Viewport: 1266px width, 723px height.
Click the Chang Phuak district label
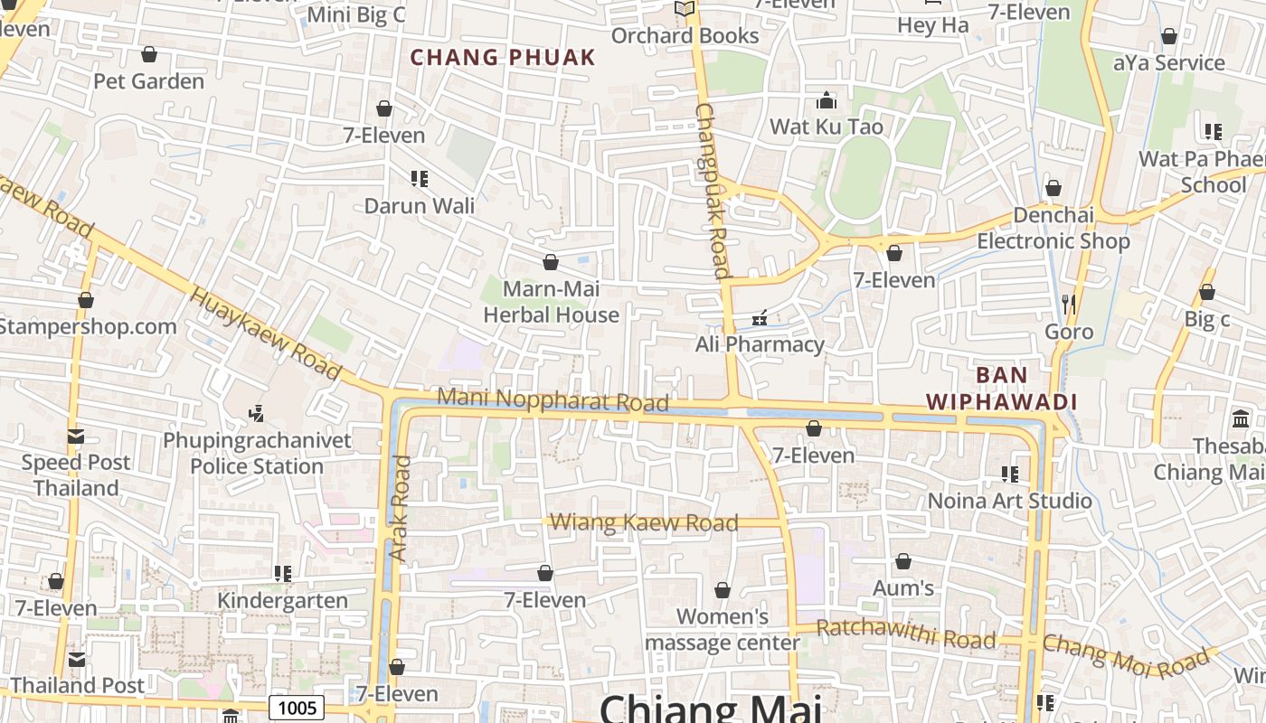point(503,58)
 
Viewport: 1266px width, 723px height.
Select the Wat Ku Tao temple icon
point(827,100)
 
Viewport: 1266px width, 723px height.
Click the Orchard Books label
point(685,35)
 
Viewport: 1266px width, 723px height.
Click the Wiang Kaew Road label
point(644,522)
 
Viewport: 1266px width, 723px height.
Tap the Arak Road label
point(399,508)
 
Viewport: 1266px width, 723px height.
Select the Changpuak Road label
point(713,190)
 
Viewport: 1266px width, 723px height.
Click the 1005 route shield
point(297,707)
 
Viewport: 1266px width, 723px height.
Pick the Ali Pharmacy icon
point(760,317)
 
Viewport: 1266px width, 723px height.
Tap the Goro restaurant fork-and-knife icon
point(1069,304)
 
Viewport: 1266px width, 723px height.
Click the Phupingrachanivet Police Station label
point(257,454)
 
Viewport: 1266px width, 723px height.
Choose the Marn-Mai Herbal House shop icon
point(551,263)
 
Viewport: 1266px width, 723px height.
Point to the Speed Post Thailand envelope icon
point(76,437)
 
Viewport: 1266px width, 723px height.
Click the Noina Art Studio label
point(1010,501)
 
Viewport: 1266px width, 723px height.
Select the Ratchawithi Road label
point(906,634)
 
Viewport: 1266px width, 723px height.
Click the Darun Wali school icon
point(419,179)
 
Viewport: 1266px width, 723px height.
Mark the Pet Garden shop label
point(149,81)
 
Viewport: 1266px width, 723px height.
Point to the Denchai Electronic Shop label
point(1053,229)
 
